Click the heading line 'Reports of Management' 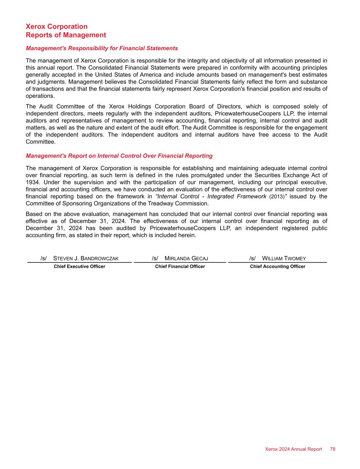(x=66, y=35)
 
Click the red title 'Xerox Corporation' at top (x=57, y=26)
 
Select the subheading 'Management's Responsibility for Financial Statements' (x=102, y=48)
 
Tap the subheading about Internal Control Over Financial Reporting (x=119, y=156)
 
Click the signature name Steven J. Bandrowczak (x=86, y=258)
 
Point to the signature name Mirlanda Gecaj (x=186, y=258)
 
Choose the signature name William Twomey (x=284, y=258)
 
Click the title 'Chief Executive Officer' (x=79, y=267)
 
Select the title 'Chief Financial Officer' (x=180, y=267)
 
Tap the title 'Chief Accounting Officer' (x=278, y=267)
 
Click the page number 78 (x=333, y=449)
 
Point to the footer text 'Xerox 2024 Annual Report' (x=293, y=449)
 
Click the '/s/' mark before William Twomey (x=253, y=258)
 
